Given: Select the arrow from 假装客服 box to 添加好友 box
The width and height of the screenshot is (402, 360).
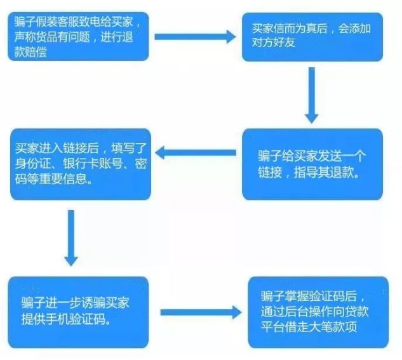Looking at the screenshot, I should pyautogui.click(x=194, y=36).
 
